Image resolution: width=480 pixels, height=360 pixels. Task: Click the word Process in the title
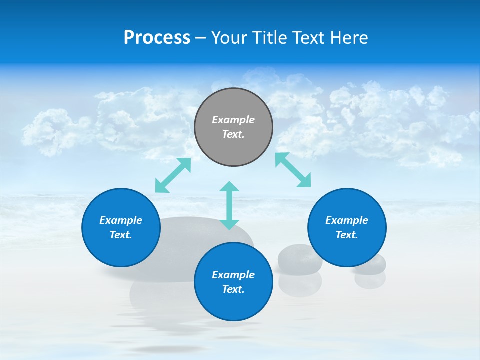pyautogui.click(x=157, y=38)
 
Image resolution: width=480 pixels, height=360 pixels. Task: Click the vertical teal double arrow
pyautogui.click(x=229, y=205)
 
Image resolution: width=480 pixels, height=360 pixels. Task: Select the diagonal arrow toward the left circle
pyautogui.click(x=173, y=175)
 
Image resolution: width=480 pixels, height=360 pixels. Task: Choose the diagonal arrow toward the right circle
pyautogui.click(x=293, y=170)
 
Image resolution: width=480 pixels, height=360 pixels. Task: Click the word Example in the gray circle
pyautogui.click(x=233, y=120)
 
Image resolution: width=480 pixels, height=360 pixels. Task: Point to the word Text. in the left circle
pyautogui.click(x=121, y=235)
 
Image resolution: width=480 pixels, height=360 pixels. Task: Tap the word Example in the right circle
pyautogui.click(x=347, y=220)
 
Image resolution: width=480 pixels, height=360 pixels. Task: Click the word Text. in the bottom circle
pyautogui.click(x=233, y=289)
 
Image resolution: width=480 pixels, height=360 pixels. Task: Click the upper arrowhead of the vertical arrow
pyautogui.click(x=229, y=187)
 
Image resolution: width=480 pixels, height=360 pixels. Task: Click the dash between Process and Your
pyautogui.click(x=200, y=38)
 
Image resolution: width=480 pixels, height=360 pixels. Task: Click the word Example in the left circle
pyautogui.click(x=121, y=220)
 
